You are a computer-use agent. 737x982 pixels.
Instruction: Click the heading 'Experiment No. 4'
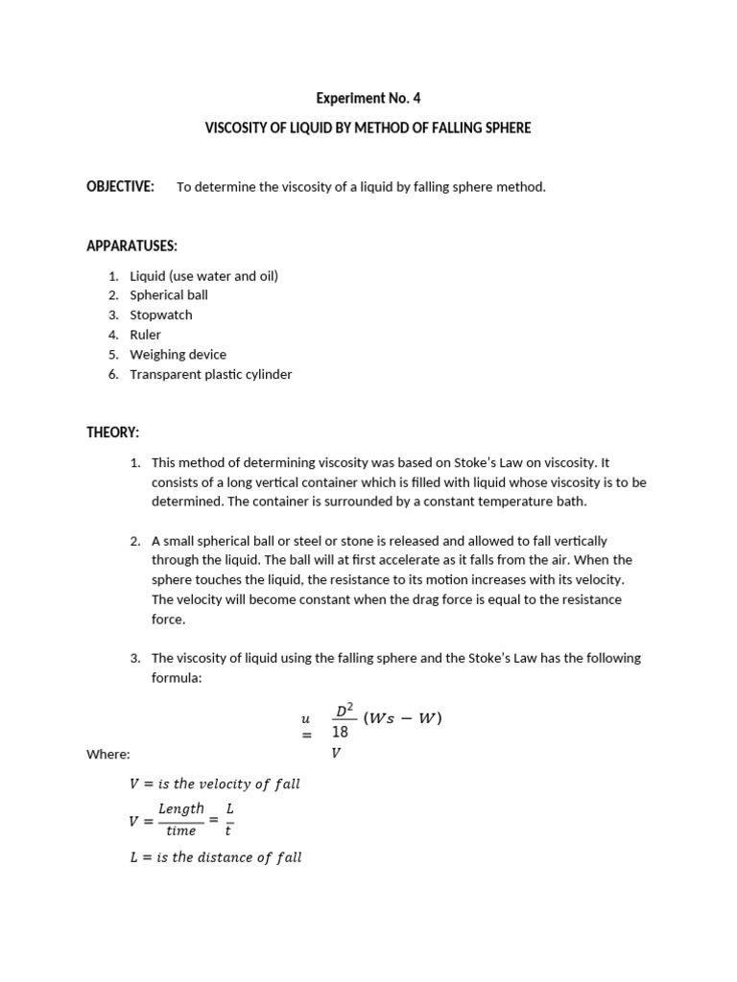pyautogui.click(x=368, y=98)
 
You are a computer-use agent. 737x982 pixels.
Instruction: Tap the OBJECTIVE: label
pyautogui.click(x=120, y=186)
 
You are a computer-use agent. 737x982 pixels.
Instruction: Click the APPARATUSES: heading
pyautogui.click(x=131, y=246)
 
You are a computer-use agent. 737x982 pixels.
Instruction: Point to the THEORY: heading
pyautogui.click(x=113, y=433)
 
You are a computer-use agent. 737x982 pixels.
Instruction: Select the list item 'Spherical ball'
pyautogui.click(x=169, y=295)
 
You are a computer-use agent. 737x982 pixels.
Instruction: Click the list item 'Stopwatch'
pyautogui.click(x=161, y=315)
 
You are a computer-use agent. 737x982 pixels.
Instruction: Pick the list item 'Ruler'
pyautogui.click(x=146, y=335)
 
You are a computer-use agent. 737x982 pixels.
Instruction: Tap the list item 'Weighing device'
pyautogui.click(x=178, y=354)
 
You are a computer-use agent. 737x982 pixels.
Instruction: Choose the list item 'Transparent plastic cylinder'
pyautogui.click(x=211, y=374)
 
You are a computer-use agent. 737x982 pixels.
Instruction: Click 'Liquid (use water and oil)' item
pyautogui.click(x=204, y=275)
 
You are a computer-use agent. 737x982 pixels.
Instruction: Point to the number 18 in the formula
pyautogui.click(x=341, y=733)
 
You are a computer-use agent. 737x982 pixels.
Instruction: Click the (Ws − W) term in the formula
pyautogui.click(x=403, y=717)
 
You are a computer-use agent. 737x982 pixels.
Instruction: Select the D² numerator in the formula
pyautogui.click(x=345, y=711)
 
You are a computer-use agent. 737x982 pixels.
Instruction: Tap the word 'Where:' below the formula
pyautogui.click(x=108, y=755)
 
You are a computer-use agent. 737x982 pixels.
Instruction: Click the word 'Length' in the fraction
pyautogui.click(x=181, y=808)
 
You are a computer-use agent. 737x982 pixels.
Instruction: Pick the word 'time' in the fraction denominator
pyautogui.click(x=180, y=831)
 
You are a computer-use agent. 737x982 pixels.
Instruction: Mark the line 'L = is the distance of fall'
pyautogui.click(x=216, y=857)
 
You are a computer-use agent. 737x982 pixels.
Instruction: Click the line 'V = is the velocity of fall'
pyautogui.click(x=215, y=783)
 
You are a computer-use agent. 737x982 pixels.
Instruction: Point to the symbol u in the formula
pyautogui.click(x=306, y=717)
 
